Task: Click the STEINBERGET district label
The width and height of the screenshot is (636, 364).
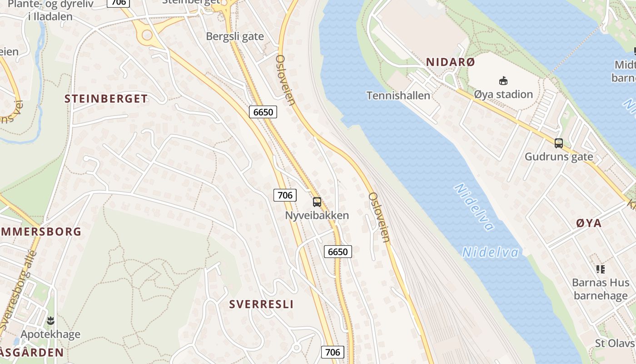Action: (106, 99)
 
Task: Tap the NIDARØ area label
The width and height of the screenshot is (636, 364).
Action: (450, 62)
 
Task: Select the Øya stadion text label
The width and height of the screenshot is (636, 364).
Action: (503, 94)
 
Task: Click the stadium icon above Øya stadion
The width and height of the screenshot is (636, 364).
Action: (503, 81)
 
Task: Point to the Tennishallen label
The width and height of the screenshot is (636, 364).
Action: (398, 96)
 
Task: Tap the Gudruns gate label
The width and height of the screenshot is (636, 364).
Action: (558, 157)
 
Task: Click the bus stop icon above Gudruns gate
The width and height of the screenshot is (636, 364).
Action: (558, 143)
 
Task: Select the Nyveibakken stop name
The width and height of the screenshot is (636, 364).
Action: (317, 215)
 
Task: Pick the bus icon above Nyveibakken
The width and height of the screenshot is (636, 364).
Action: (317, 202)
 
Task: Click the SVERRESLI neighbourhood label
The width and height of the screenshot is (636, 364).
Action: (261, 304)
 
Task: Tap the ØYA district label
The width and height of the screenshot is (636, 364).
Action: (588, 223)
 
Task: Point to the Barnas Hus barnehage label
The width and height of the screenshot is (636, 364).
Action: (601, 289)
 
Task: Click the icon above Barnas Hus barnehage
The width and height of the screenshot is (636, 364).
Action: (601, 269)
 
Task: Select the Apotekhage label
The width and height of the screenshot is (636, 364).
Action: (50, 334)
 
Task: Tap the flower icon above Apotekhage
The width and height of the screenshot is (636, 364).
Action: (50, 320)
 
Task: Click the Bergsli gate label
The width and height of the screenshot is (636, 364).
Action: (235, 36)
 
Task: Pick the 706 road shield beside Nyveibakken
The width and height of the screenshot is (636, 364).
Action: (285, 196)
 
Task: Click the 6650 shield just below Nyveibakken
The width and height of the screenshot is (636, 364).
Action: (338, 252)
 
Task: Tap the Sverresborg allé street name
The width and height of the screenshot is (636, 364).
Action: (18, 291)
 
